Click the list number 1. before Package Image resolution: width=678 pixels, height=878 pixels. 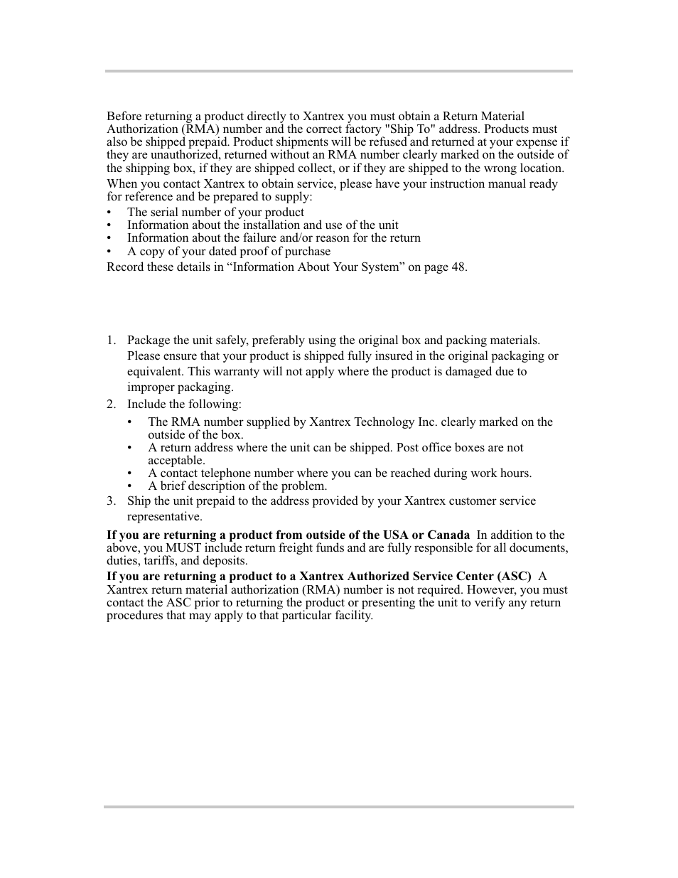(111, 341)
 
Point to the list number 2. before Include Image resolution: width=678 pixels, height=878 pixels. (111, 405)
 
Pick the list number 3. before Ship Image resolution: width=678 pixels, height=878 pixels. (111, 501)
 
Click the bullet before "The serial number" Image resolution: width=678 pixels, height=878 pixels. (109, 213)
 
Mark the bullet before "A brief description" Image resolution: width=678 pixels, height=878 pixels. (131, 487)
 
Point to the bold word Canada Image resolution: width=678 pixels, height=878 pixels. (448, 535)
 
